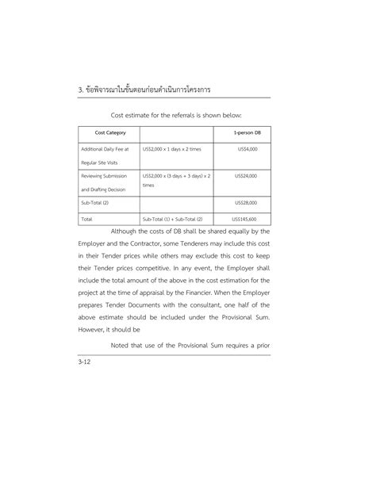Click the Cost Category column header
click(108, 132)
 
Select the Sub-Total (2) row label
click(96, 202)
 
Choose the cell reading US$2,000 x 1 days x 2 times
click(172, 149)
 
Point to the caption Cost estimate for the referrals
click(187, 113)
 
